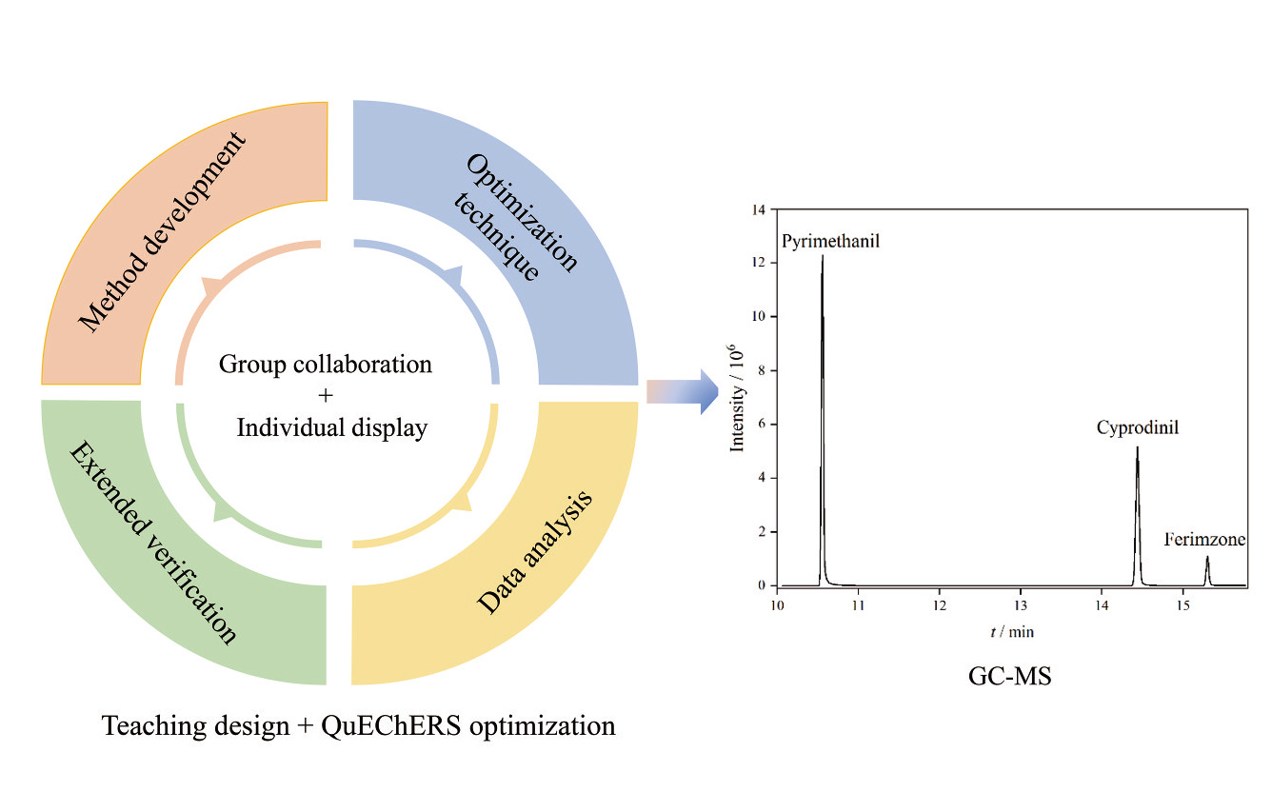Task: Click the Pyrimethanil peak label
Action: click(x=830, y=242)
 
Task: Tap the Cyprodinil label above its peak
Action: click(x=1138, y=427)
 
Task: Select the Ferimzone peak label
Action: click(x=1204, y=539)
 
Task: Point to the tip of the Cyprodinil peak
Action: click(x=1138, y=447)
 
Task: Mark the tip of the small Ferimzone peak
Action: click(x=1207, y=557)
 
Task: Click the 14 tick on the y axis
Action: click(x=759, y=210)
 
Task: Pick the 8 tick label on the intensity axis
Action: click(x=762, y=371)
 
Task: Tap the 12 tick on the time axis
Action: click(x=940, y=605)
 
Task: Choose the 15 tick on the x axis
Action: click(x=1183, y=605)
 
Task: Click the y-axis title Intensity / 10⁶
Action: click(x=737, y=398)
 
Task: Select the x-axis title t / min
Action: click(x=1012, y=632)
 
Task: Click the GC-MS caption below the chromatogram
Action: click(x=1009, y=676)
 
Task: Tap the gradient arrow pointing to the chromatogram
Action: click(x=683, y=392)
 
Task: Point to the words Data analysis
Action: click(x=535, y=552)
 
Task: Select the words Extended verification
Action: click(x=152, y=543)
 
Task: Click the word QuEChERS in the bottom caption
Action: click(x=391, y=726)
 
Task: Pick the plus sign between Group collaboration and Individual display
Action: click(x=326, y=395)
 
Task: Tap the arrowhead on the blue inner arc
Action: click(x=454, y=275)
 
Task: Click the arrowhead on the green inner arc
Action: click(x=223, y=511)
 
